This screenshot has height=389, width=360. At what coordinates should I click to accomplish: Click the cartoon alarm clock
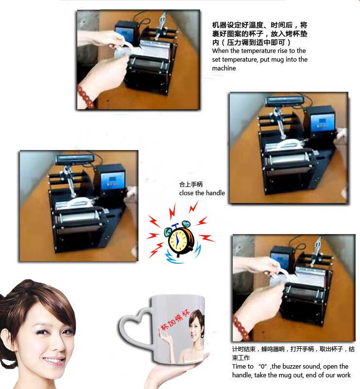coord(180,239)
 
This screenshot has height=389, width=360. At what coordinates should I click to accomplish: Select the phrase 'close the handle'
coord(202,193)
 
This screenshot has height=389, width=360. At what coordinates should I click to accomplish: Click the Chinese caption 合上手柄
coord(189,185)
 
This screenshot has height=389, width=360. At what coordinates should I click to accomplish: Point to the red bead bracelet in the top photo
coord(86,95)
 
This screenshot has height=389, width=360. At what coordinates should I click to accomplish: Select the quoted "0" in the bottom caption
coord(265,366)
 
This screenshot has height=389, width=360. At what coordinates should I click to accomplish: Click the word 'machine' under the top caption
coord(224,68)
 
